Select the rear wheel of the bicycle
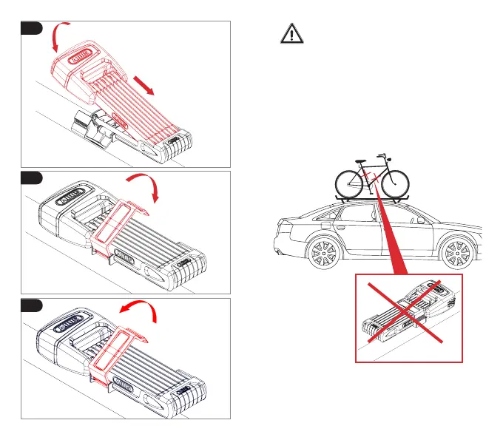350,181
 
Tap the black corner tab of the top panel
31,27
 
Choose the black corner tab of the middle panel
31,177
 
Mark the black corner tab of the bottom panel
31,305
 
